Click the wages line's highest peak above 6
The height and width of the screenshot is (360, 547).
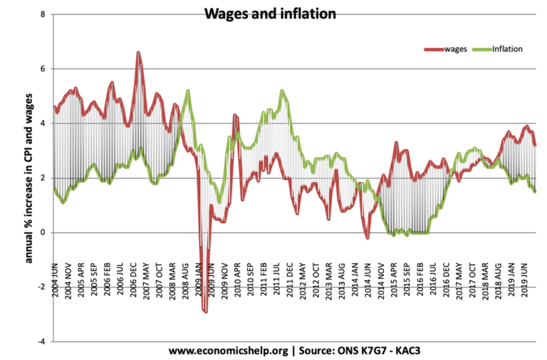point(138,52)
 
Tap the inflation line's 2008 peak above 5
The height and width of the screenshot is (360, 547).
point(187,91)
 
